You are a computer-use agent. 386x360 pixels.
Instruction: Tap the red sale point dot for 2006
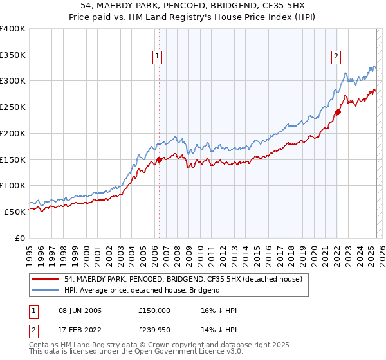tap(159, 159)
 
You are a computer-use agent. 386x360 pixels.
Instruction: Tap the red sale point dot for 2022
tap(337, 112)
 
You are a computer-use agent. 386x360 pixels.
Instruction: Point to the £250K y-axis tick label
tap(13, 107)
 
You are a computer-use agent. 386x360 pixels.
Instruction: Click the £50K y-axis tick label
tap(15, 212)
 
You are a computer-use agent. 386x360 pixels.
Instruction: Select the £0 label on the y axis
tap(19, 238)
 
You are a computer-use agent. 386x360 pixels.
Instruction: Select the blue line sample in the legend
tap(44, 290)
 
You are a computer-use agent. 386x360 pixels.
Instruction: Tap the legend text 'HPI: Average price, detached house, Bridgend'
tap(142, 290)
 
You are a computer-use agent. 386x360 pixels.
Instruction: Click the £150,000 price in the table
tap(154, 310)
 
